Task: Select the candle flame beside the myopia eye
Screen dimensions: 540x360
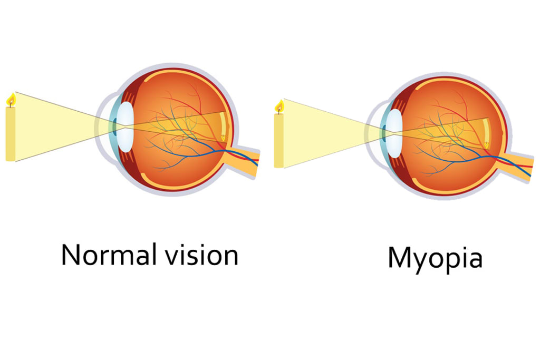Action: (x=279, y=106)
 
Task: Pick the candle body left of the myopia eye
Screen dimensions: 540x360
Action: (x=279, y=140)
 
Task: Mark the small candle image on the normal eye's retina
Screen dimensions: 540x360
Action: (x=224, y=138)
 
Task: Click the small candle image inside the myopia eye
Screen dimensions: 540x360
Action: (x=486, y=144)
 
